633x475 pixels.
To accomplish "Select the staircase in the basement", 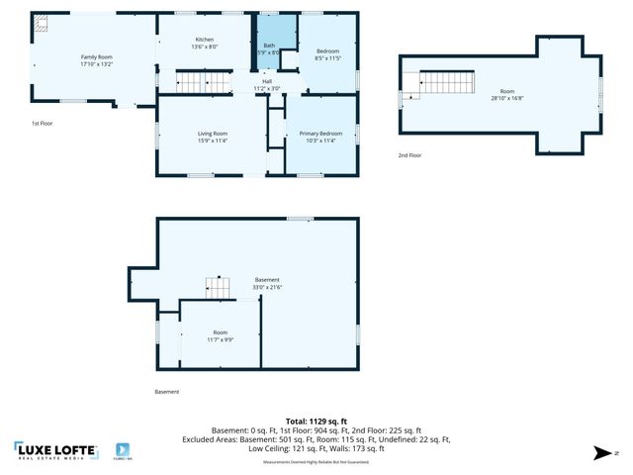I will tap(218, 287).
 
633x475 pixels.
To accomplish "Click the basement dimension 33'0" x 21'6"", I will tap(267, 288).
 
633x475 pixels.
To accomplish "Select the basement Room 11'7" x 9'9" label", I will tap(220, 335).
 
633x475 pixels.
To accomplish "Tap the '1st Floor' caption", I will tap(43, 123).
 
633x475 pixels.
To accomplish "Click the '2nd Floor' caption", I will tap(409, 155).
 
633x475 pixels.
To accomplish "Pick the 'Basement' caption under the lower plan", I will tap(167, 391).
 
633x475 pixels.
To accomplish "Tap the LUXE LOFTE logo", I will tap(56, 451).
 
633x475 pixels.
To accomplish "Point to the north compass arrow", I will tap(601, 453).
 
